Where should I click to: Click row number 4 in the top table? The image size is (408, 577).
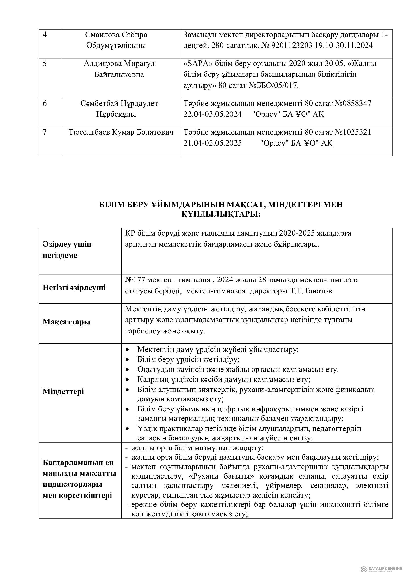click(45, 35)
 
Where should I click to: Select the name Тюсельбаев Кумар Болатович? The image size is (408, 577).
click(121, 132)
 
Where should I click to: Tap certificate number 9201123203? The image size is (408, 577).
click(288, 45)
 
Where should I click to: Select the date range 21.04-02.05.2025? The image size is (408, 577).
click(213, 143)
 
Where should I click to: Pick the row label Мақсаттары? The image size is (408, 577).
click(66, 322)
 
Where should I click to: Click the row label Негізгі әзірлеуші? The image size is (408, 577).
click(74, 288)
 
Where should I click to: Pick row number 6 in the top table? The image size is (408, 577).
click(45, 103)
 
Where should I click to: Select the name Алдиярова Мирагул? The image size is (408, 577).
click(119, 64)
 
